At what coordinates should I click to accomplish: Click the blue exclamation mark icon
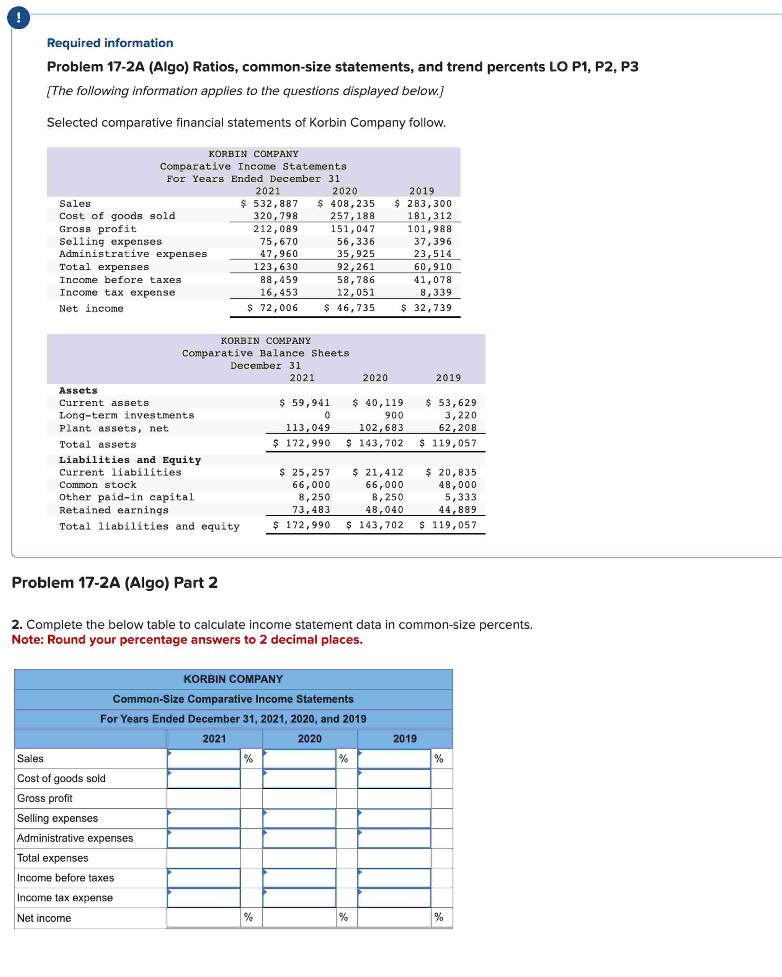(19, 18)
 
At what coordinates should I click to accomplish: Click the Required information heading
(110, 43)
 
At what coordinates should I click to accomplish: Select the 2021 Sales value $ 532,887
(269, 203)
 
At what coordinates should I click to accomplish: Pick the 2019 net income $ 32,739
(426, 308)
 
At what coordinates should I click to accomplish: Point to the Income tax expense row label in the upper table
(117, 292)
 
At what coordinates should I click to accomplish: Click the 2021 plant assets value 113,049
(308, 427)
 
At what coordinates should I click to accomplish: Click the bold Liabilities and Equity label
(130, 460)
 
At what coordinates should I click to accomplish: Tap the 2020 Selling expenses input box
(299, 818)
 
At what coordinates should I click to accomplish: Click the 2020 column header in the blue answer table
(309, 739)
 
